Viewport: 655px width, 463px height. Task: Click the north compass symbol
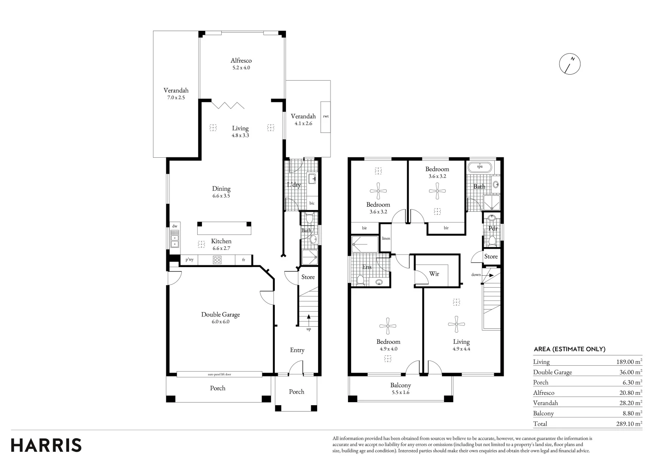pos(570,64)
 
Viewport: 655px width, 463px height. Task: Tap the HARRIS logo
pos(46,445)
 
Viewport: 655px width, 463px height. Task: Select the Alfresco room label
pos(241,60)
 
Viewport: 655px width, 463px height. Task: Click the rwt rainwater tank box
pos(325,117)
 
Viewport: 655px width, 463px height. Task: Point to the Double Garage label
pos(220,314)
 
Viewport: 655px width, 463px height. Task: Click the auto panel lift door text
pos(219,374)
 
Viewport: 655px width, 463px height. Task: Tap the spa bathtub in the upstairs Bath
pos(480,167)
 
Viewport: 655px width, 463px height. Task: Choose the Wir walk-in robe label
pos(434,274)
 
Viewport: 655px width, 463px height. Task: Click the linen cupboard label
pos(386,238)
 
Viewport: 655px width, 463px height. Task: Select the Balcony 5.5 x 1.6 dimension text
pos(401,393)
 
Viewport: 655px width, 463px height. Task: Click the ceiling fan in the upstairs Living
pos(456,324)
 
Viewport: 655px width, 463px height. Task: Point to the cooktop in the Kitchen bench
pos(217,260)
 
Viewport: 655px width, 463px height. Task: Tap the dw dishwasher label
pos(174,226)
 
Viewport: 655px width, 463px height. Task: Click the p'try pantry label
pos(189,259)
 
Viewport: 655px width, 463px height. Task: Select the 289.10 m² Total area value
pos(629,423)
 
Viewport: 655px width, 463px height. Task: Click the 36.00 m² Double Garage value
pos(631,372)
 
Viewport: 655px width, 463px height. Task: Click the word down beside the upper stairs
pos(476,275)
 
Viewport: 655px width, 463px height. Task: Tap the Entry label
pos(297,350)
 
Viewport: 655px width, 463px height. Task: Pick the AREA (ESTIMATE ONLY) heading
pos(570,349)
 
